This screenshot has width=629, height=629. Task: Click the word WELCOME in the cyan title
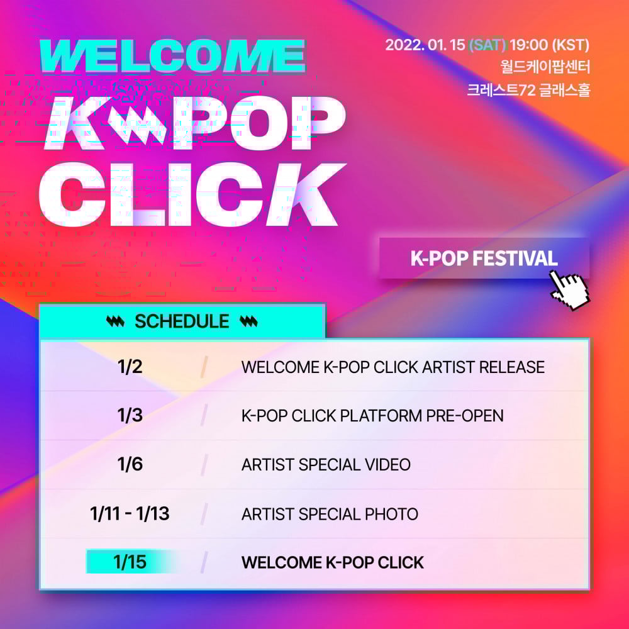click(173, 56)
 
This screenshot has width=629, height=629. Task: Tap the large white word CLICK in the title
click(192, 195)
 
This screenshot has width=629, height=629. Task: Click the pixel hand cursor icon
click(569, 289)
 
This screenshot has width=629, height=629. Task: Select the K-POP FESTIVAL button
click(484, 258)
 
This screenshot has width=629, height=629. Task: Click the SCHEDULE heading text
click(182, 321)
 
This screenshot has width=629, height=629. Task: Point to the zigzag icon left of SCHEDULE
click(116, 321)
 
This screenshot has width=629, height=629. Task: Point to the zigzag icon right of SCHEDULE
click(248, 321)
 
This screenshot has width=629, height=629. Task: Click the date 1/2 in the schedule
click(130, 367)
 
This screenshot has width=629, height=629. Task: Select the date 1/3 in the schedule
click(130, 415)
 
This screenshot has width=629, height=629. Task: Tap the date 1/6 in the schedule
click(130, 464)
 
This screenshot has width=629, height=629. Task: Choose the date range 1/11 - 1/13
click(130, 513)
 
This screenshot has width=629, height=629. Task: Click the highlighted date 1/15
click(130, 562)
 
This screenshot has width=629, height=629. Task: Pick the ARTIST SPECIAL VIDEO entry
click(326, 465)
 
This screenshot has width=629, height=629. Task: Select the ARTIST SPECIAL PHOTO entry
click(330, 514)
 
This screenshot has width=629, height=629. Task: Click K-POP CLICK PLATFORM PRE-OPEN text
click(372, 416)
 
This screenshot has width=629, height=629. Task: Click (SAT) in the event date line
click(487, 45)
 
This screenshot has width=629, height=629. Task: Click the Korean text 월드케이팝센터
click(545, 67)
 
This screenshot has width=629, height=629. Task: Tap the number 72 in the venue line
click(527, 90)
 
